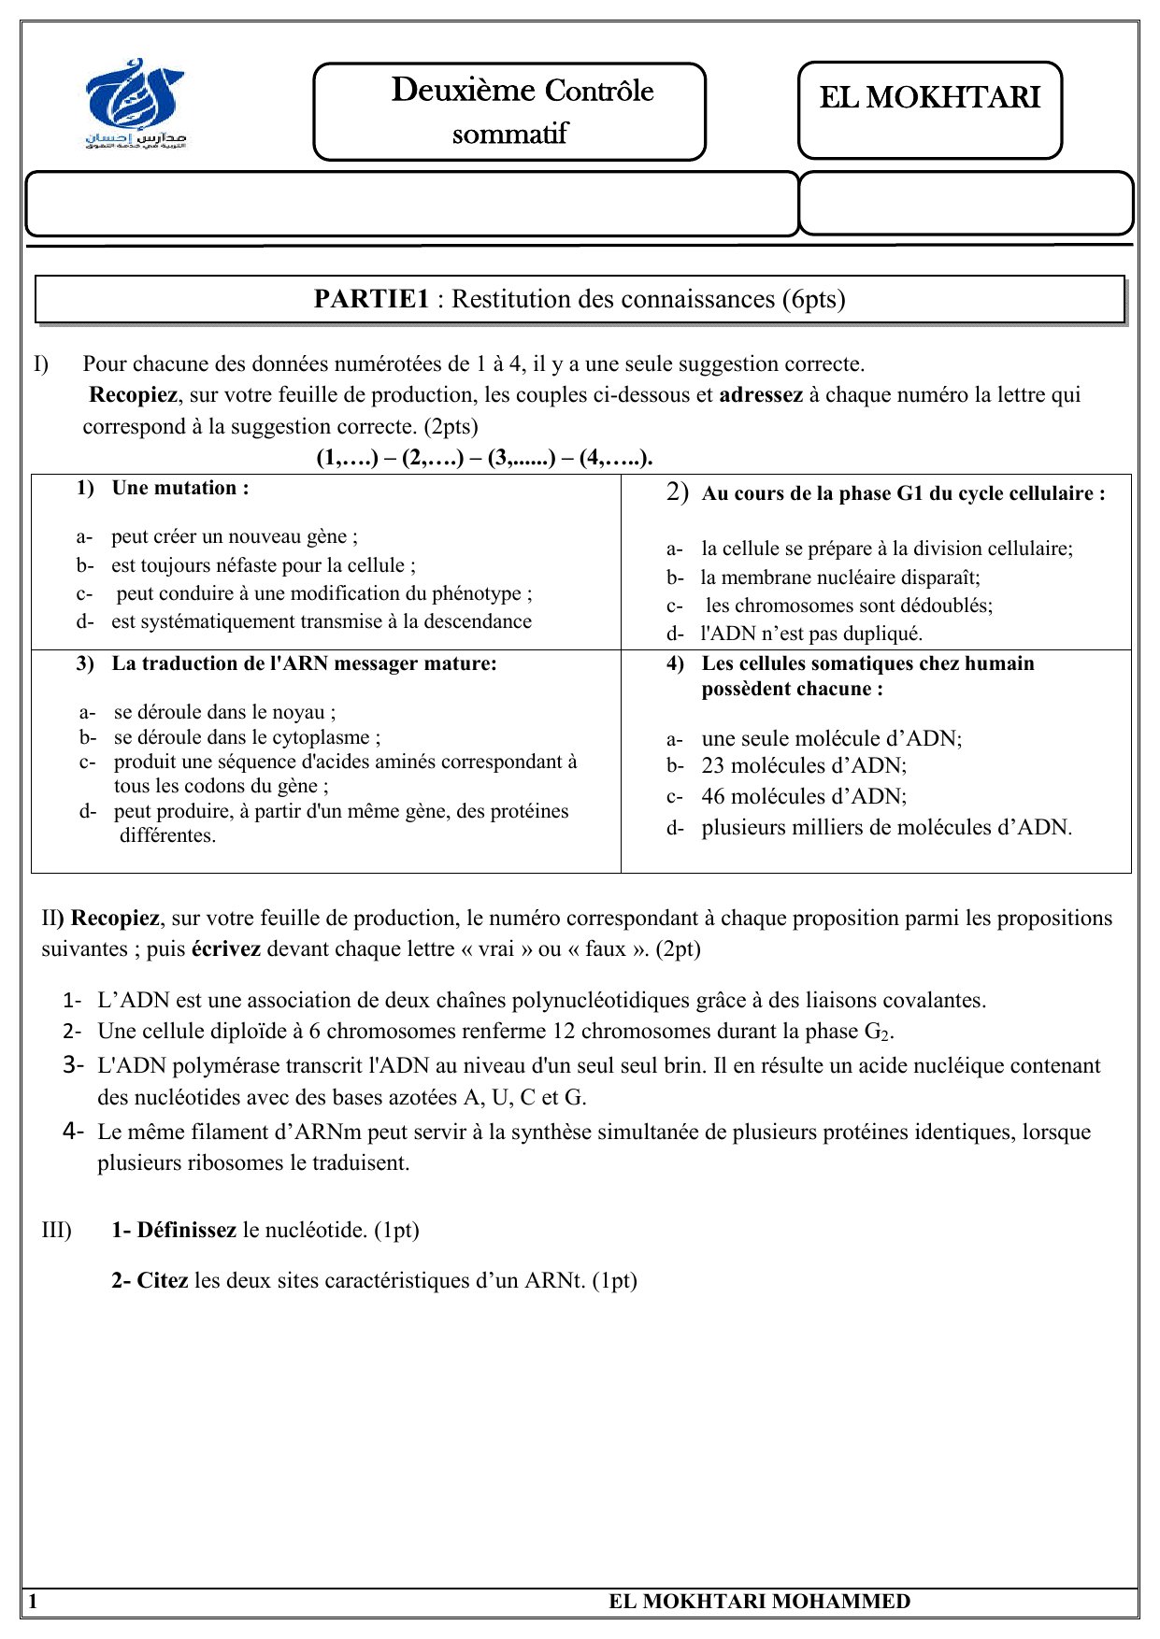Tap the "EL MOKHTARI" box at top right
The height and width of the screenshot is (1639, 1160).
[x=929, y=98]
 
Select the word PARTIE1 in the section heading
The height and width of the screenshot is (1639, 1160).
[x=371, y=299]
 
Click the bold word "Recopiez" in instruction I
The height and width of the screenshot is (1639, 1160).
[x=132, y=394]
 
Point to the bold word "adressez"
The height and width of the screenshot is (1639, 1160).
[x=760, y=394]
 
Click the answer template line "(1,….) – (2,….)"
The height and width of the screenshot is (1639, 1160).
[x=484, y=458]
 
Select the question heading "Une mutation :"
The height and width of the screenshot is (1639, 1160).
[x=179, y=488]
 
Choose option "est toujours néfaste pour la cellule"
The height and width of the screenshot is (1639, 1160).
[x=263, y=565]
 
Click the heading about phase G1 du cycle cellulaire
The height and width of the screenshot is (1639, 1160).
[x=903, y=493]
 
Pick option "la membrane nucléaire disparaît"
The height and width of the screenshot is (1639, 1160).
[x=840, y=577]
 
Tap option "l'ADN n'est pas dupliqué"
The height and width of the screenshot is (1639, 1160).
[x=811, y=634]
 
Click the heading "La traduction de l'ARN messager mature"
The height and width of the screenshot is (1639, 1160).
[x=304, y=663]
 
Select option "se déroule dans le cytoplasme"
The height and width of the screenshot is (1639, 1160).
[x=247, y=737]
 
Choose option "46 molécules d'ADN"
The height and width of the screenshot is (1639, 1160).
[x=804, y=796]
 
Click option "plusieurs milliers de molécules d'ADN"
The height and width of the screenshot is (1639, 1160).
[x=886, y=827]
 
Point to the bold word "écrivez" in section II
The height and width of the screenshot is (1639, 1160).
[x=226, y=949]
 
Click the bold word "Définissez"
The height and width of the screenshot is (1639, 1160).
[x=186, y=1230]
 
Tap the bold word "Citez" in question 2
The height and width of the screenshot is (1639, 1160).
[x=163, y=1280]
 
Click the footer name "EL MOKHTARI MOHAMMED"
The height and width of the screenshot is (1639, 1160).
[x=759, y=1602]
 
